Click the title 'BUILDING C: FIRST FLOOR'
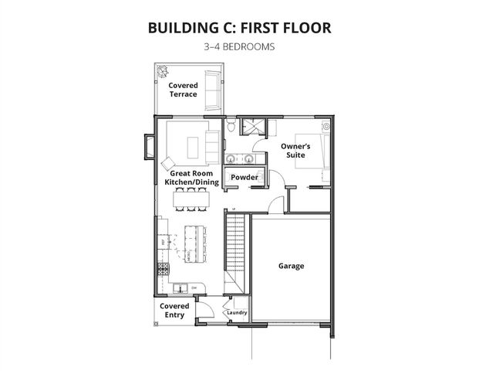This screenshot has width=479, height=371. pyautogui.click(x=239, y=28)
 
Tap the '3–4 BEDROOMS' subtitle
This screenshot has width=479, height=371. pyautogui.click(x=239, y=46)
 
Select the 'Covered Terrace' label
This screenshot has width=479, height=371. pyautogui.click(x=184, y=90)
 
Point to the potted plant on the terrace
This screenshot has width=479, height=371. pyautogui.click(x=163, y=71)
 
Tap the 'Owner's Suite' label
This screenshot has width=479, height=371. pyautogui.click(x=295, y=150)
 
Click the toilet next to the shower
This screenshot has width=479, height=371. pyautogui.click(x=230, y=125)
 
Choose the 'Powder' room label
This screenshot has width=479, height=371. pyautogui.click(x=244, y=177)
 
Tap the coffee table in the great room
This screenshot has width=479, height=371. pyautogui.click(x=194, y=143)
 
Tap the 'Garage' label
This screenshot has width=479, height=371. pyautogui.click(x=291, y=266)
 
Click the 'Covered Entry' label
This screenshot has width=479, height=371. pyautogui.click(x=174, y=310)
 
